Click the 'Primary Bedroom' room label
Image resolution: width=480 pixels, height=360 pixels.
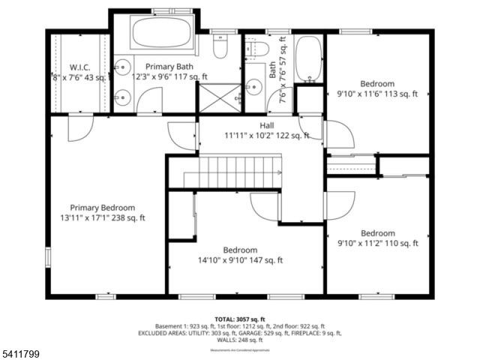(x=103, y=208)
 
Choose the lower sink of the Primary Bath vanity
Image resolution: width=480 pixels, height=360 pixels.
(x=120, y=96)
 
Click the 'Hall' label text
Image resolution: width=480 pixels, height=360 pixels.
(x=267, y=125)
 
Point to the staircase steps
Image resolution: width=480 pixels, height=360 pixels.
(x=236, y=172)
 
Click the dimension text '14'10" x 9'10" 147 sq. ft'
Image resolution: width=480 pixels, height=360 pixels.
(x=240, y=260)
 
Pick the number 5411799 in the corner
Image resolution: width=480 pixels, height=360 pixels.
(x=20, y=352)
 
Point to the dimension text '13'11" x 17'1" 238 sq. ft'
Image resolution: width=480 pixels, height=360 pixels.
(x=103, y=218)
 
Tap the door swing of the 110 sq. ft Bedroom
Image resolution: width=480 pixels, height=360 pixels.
(x=340, y=205)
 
